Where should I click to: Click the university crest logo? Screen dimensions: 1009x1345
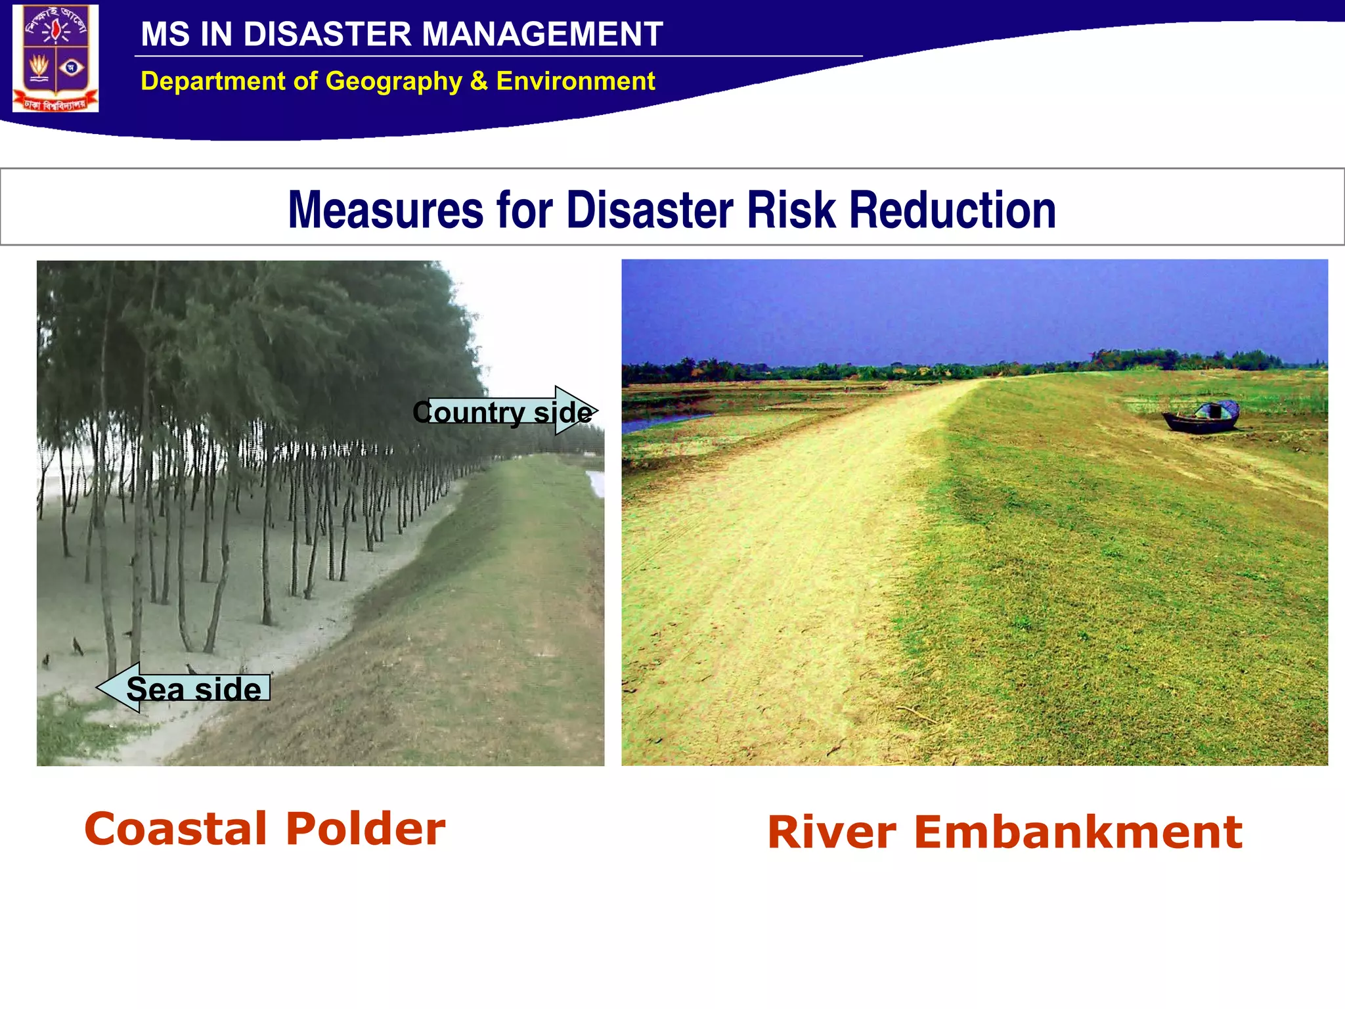coord(56,58)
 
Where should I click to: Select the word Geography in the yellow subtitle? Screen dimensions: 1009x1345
coord(394,81)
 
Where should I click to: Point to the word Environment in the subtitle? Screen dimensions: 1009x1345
coord(575,81)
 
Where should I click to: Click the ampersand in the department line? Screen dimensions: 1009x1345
coord(479,81)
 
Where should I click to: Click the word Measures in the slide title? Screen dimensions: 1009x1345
coord(386,210)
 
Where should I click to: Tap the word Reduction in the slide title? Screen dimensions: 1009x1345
coord(952,210)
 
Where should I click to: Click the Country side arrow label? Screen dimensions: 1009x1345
coord(502,412)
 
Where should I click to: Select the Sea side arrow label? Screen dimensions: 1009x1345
coord(194,688)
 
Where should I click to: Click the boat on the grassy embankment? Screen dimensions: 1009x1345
coord(1201,417)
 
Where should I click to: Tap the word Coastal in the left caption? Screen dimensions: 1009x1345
coord(175,828)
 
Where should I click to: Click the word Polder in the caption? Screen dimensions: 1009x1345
coord(366,828)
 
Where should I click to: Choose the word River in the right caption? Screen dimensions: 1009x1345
coord(831,832)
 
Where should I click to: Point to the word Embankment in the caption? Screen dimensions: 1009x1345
coord(1078,832)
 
